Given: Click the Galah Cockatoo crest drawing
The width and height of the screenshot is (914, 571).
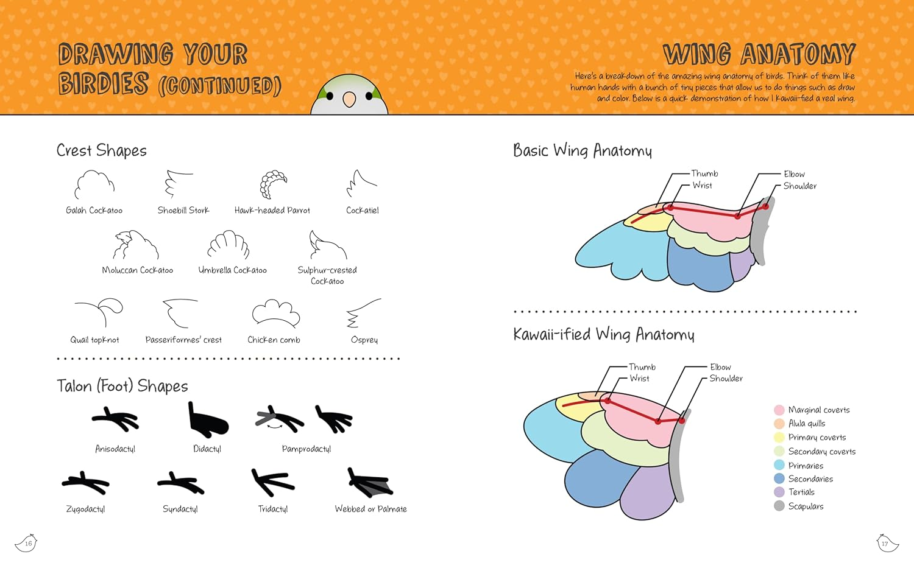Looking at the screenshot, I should [94, 184].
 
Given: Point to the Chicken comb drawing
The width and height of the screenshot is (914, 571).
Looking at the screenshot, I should [276, 313].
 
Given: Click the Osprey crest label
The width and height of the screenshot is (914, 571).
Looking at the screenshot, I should [364, 340].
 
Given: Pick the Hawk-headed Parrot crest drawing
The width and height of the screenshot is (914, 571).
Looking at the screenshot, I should [273, 184].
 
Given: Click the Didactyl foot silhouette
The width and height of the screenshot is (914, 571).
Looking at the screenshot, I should [207, 420].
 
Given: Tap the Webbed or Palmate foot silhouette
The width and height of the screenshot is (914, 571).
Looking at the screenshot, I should [369, 483].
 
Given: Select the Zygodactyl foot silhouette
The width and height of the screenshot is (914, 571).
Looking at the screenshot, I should [85, 483].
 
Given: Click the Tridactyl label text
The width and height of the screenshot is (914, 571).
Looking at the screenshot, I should [273, 509].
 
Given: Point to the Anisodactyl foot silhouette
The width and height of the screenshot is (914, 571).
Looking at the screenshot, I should [116, 419].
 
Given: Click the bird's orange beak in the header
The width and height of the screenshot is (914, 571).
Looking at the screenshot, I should [349, 99].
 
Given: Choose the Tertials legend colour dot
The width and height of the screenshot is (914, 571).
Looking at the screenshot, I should [779, 492].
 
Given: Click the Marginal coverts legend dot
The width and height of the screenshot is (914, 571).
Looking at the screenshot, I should [779, 410].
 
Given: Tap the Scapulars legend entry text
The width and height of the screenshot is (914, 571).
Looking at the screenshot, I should [806, 506].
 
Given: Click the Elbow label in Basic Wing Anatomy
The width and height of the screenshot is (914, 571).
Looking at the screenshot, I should [794, 174].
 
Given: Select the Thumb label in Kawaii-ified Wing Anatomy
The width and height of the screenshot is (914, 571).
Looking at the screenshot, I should [642, 367].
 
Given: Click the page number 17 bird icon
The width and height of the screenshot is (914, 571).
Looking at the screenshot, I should [887, 542].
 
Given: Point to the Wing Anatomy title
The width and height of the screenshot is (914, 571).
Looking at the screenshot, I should [759, 54].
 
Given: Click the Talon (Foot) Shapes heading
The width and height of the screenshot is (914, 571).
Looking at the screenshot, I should [122, 386].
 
